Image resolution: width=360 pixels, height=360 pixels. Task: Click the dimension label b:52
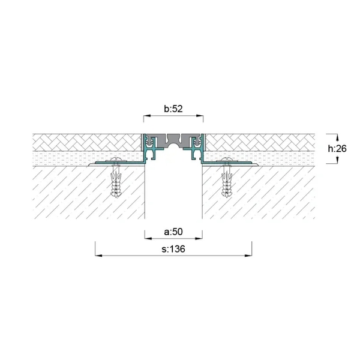[173, 109]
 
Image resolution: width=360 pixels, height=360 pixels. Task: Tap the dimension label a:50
[173, 232]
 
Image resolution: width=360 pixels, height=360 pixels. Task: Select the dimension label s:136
[173, 249]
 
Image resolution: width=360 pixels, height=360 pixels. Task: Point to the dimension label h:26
[337, 149]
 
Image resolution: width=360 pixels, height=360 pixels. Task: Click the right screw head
[227, 160]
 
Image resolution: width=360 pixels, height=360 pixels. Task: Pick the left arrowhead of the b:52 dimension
[147, 116]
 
